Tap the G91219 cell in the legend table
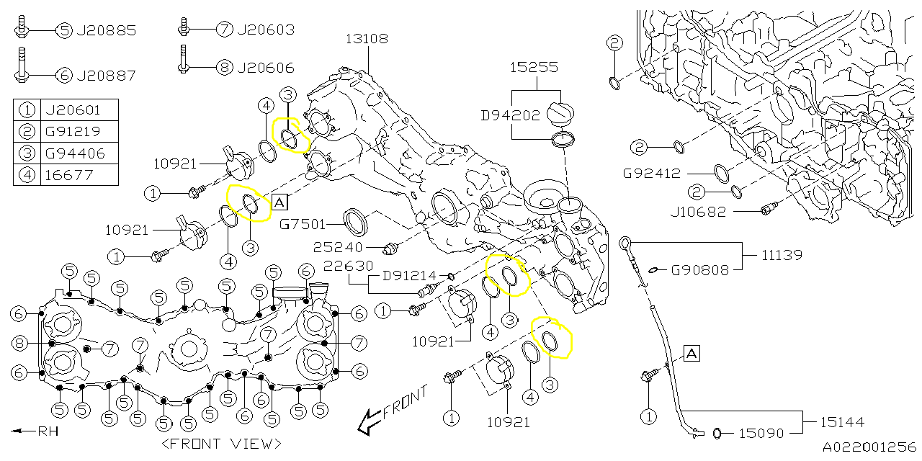coord(73,132)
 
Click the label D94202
coord(510,114)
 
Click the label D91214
coord(408,275)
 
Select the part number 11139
coord(783,255)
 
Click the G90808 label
coord(699,271)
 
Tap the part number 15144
coord(841,421)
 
